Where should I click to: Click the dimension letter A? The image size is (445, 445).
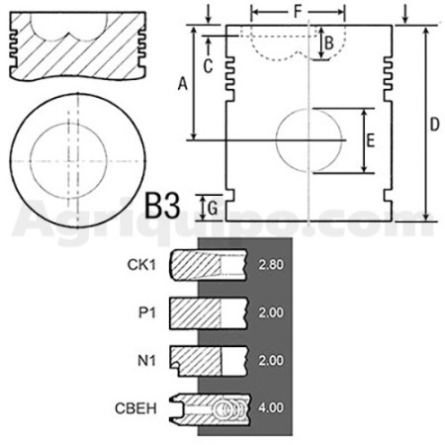(x=182, y=83)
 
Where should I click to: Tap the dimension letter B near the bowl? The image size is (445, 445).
(x=329, y=43)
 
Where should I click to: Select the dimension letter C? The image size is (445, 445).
(x=208, y=66)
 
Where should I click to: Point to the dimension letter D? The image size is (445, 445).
(x=435, y=125)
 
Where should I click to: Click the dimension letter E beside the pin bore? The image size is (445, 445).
(x=371, y=140)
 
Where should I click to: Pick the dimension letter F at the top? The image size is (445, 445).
(x=298, y=12)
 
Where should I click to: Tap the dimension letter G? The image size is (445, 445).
(x=213, y=209)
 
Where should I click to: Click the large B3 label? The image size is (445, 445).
(x=163, y=207)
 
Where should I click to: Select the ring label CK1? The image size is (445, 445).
(x=141, y=265)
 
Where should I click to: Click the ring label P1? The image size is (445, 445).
(x=147, y=312)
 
